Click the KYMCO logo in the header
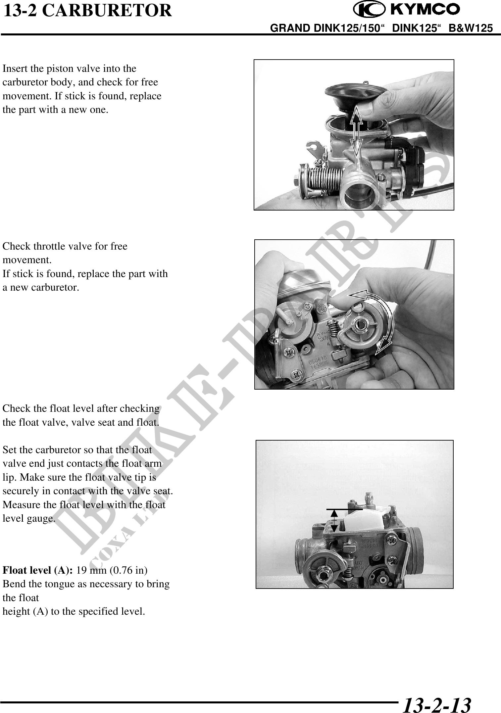coord(406,10)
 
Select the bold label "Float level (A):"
coord(38,570)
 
